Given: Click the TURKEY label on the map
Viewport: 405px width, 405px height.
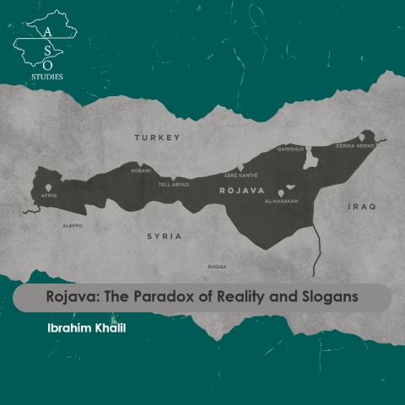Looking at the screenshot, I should point(158,137).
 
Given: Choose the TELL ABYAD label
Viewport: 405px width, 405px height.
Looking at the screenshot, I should point(175,182).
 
